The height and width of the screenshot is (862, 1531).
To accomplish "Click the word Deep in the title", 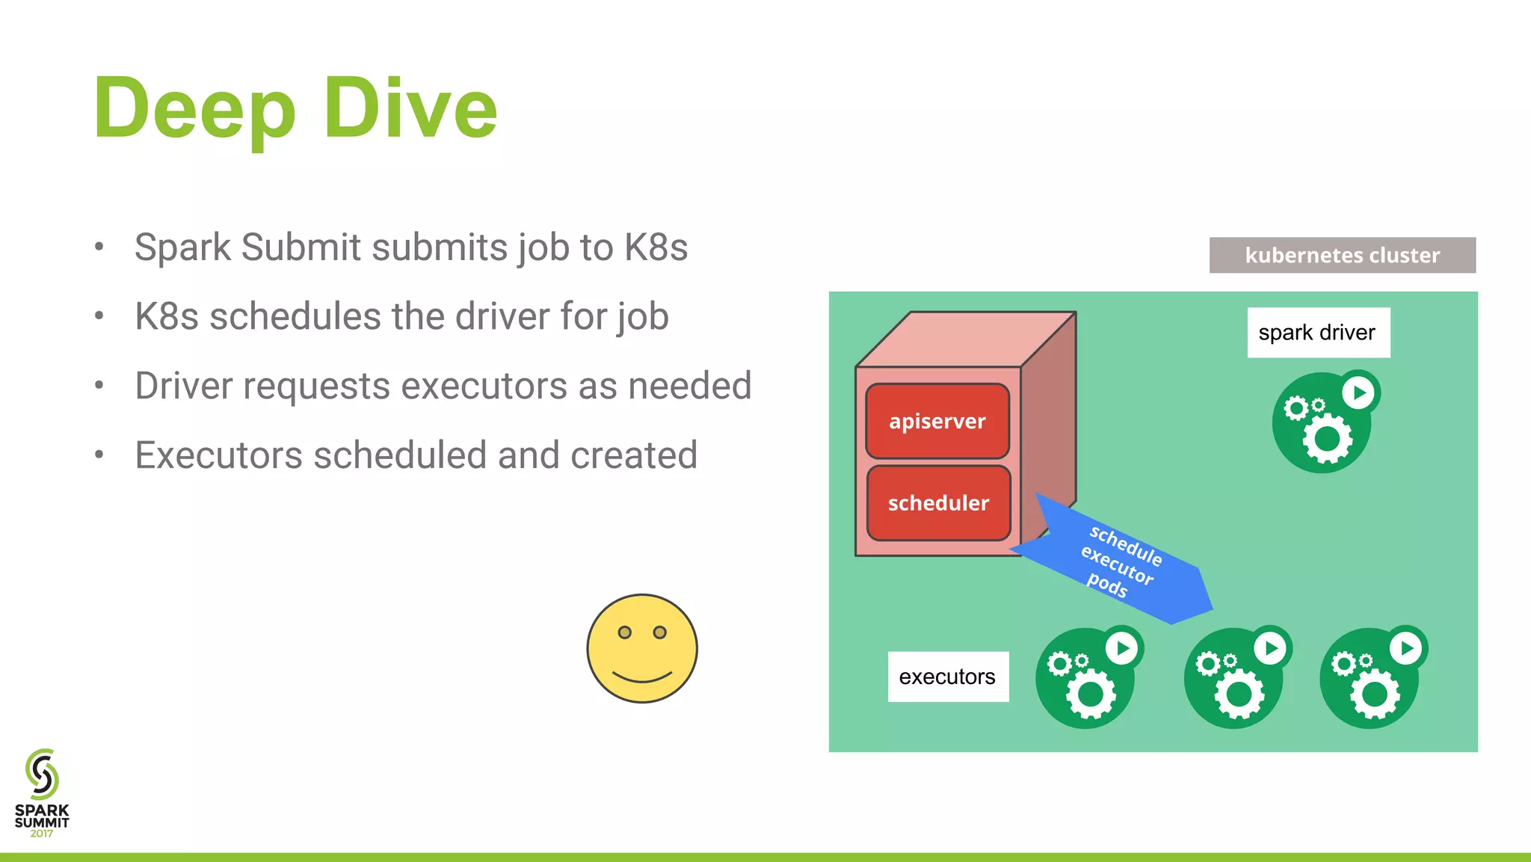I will point(194,109).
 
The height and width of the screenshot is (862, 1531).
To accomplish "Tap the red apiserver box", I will point(937,421).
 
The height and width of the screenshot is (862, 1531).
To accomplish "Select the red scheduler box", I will point(938,503).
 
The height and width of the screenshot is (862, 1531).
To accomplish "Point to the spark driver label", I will point(1318,333).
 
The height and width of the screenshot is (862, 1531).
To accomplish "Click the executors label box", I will point(947,677).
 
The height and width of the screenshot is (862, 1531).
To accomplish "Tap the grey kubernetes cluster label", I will point(1342,255).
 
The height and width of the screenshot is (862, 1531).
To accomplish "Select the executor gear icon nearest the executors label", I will point(1085,679).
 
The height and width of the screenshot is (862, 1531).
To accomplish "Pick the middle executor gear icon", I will point(1234,679).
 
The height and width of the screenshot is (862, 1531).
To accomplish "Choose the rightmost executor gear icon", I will point(1370,679).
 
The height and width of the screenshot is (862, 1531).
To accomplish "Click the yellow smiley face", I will point(642,648).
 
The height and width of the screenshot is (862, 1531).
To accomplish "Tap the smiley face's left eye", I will point(625,632).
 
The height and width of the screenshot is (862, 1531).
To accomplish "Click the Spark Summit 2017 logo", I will point(42,792).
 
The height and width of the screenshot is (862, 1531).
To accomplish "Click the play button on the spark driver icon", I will point(1359,392).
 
